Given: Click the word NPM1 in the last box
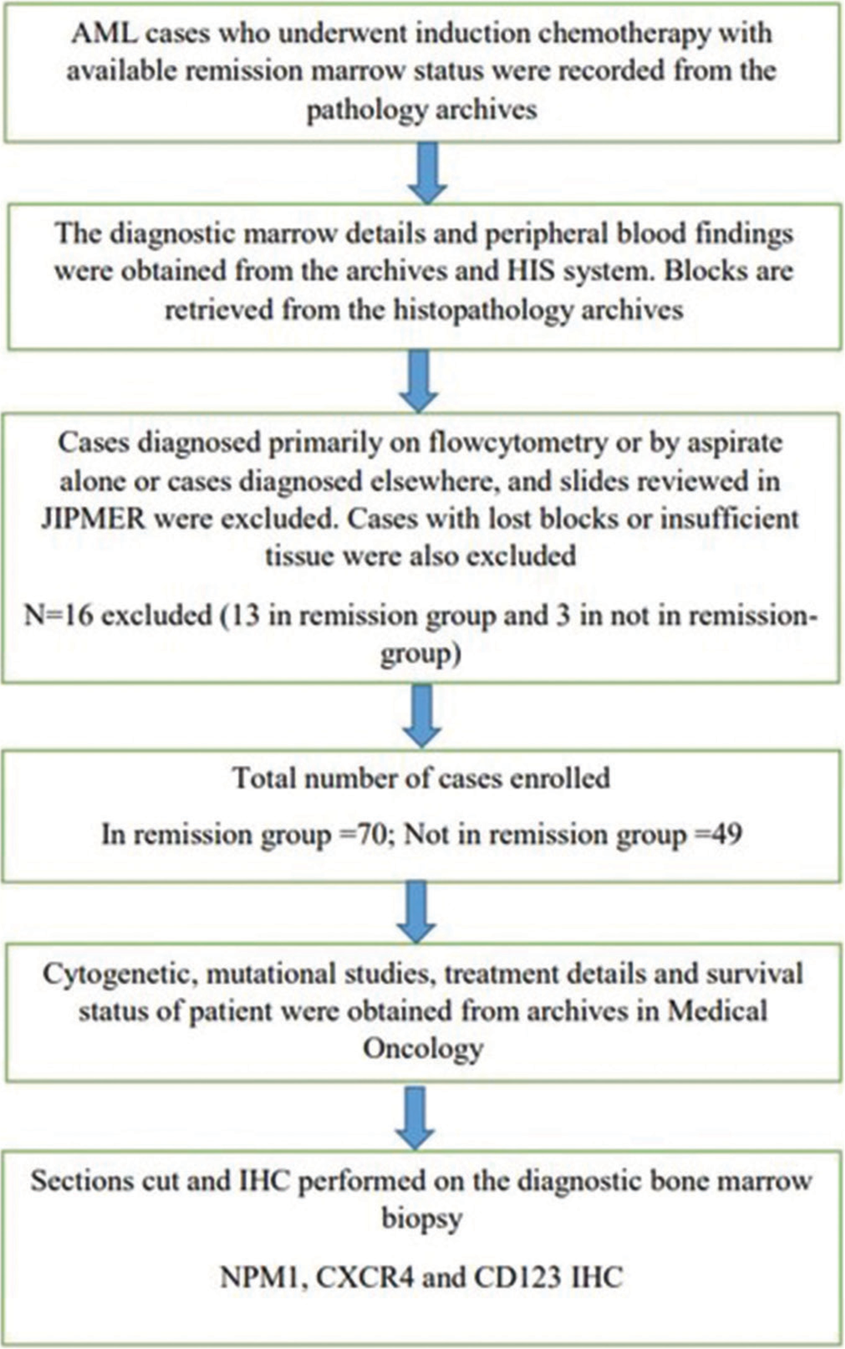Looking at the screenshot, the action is (263, 1276).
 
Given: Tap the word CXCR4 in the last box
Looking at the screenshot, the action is (365, 1276).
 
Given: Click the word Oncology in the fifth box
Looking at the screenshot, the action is (423, 1049).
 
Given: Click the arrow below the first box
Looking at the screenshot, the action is (427, 172).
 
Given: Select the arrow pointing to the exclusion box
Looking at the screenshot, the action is (419, 381).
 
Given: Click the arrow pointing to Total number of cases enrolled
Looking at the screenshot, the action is (422, 715).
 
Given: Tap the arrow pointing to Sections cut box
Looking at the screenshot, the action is (416, 1117).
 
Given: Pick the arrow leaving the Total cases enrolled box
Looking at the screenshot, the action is (416, 911).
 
